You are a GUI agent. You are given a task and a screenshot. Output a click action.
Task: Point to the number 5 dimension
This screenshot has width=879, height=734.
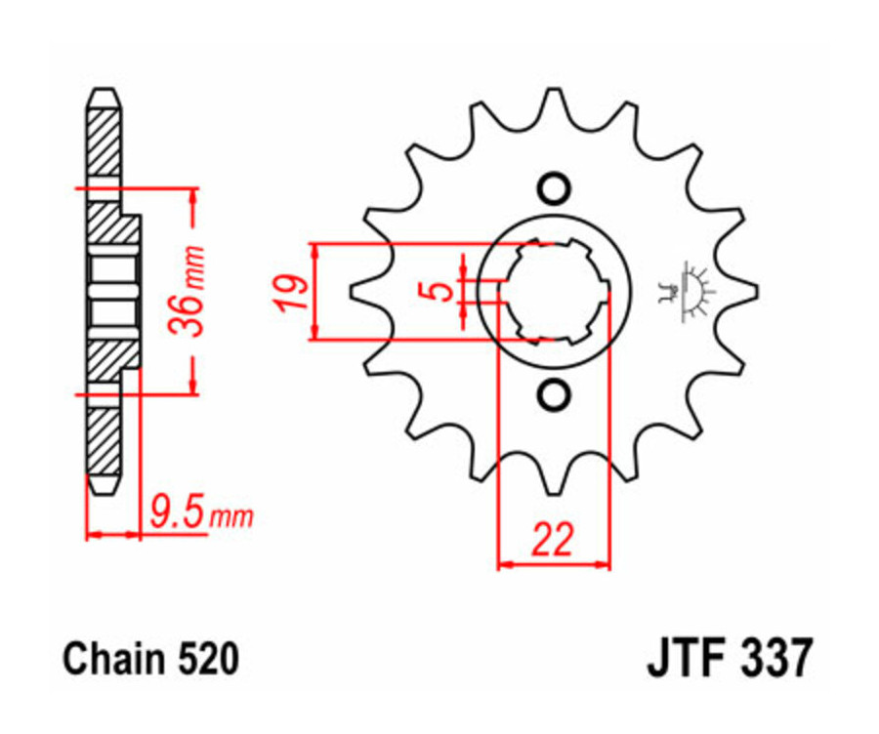pos(442,291)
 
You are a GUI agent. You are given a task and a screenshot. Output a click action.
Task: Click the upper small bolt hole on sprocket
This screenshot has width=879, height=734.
pos(554,186)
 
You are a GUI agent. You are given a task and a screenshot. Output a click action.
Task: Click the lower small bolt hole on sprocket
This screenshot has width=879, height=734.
pos(554,395)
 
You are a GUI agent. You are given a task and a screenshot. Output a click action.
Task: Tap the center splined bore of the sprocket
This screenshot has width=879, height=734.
pos(554,291)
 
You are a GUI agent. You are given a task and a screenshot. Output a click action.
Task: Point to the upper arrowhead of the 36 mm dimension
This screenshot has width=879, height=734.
pos(194,196)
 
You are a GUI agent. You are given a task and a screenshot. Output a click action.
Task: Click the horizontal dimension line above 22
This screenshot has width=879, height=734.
pos(554,564)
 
